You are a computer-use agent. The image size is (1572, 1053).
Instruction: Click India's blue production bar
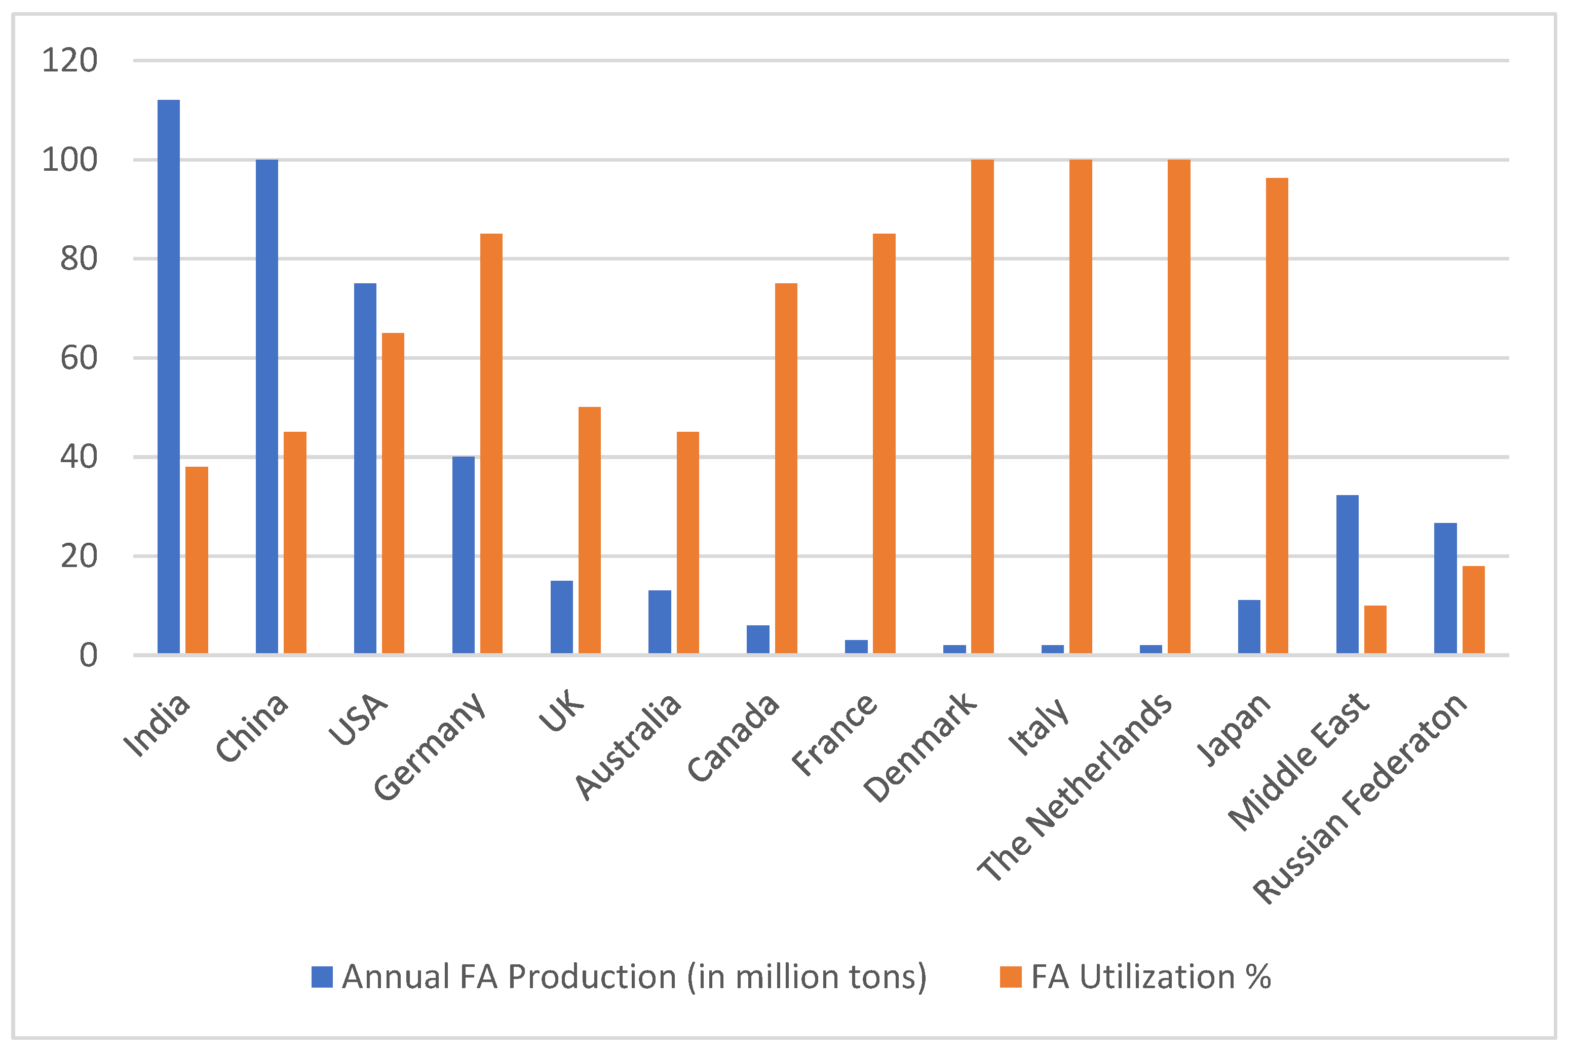pyautogui.click(x=169, y=376)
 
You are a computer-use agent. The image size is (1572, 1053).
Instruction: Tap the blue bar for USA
pyautogui.click(x=365, y=468)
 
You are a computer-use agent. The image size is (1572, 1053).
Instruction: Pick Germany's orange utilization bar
pyautogui.click(x=491, y=443)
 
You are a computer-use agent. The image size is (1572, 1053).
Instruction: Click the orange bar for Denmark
pyautogui.click(x=982, y=406)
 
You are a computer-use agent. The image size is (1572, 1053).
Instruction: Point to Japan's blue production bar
pyautogui.click(x=1249, y=626)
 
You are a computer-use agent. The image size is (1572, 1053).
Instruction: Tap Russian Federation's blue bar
pyautogui.click(x=1445, y=588)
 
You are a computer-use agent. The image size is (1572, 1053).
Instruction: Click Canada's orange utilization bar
pyautogui.click(x=786, y=468)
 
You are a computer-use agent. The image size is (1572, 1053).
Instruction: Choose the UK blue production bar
pyautogui.click(x=562, y=617)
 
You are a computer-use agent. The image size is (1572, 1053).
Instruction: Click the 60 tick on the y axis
pyautogui.click(x=79, y=358)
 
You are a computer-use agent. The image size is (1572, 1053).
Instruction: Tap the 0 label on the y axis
pyautogui.click(x=88, y=655)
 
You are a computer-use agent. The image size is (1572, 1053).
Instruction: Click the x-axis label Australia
pyautogui.click(x=628, y=747)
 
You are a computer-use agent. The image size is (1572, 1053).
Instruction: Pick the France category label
pyautogui.click(x=834, y=735)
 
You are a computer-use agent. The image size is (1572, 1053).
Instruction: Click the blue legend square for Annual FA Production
pyautogui.click(x=322, y=977)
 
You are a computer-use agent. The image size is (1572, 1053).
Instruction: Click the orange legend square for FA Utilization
pyautogui.click(x=1010, y=977)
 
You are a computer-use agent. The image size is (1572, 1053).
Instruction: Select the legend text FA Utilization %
pyautogui.click(x=1151, y=977)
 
